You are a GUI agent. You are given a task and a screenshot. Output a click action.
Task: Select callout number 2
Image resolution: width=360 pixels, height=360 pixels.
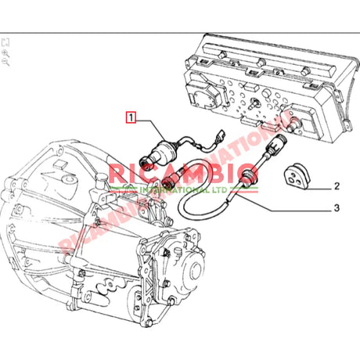[337, 187]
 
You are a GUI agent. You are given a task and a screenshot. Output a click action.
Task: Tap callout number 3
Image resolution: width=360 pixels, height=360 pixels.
[337, 209]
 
